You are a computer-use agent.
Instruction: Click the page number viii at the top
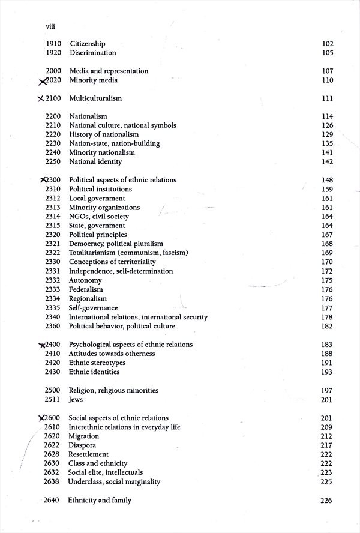[50, 26]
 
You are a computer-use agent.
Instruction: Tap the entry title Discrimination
[92, 53]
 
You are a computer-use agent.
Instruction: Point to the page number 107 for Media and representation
[327, 71]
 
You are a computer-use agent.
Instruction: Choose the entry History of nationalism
[104, 134]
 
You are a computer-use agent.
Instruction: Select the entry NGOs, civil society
[99, 217]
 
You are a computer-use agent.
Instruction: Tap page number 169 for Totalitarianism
[327, 253]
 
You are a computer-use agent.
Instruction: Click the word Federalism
[87, 289]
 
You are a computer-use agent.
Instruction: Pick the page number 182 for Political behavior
[327, 326]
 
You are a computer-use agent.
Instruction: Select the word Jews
[76, 399]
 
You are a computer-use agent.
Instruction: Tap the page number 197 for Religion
[327, 390]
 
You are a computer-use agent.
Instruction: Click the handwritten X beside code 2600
[41, 418]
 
